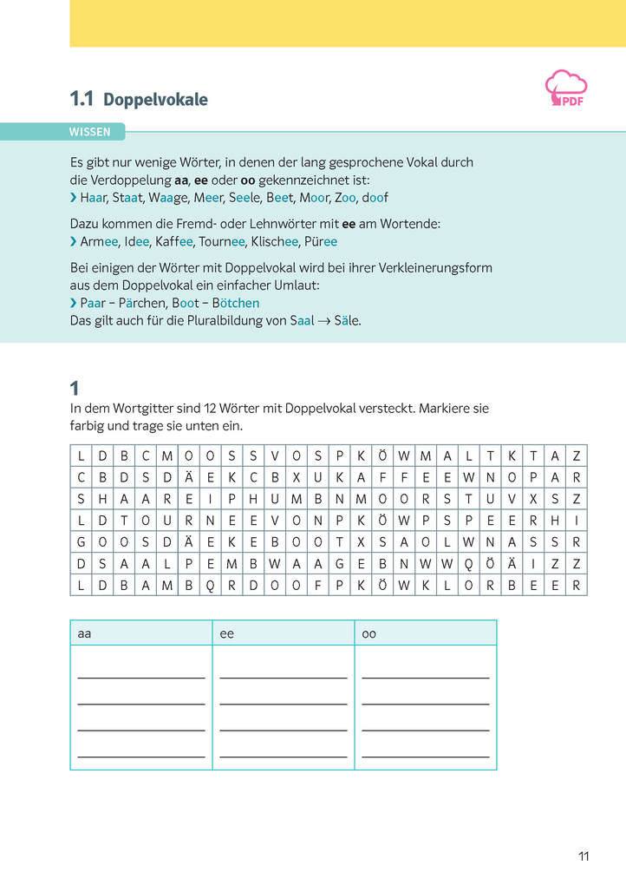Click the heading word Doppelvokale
(x=155, y=100)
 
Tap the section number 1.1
(x=82, y=100)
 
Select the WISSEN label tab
(x=90, y=132)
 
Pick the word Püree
(x=321, y=242)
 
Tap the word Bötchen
(x=235, y=303)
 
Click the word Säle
(x=348, y=320)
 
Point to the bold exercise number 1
(x=75, y=388)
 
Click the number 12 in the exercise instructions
(x=212, y=408)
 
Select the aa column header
(x=85, y=634)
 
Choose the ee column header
(x=227, y=634)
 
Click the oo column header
(x=369, y=634)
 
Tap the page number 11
(x=584, y=856)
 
